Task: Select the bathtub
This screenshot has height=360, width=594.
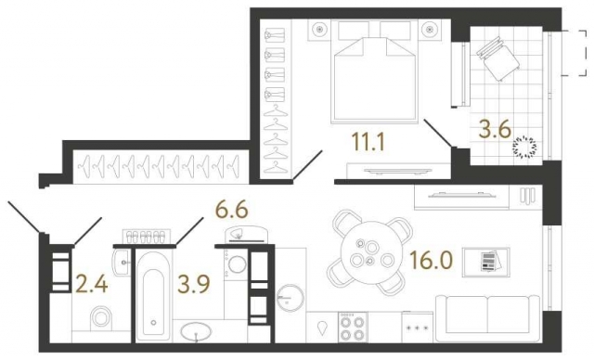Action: point(154,295)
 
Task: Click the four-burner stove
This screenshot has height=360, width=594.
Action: point(353,328)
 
